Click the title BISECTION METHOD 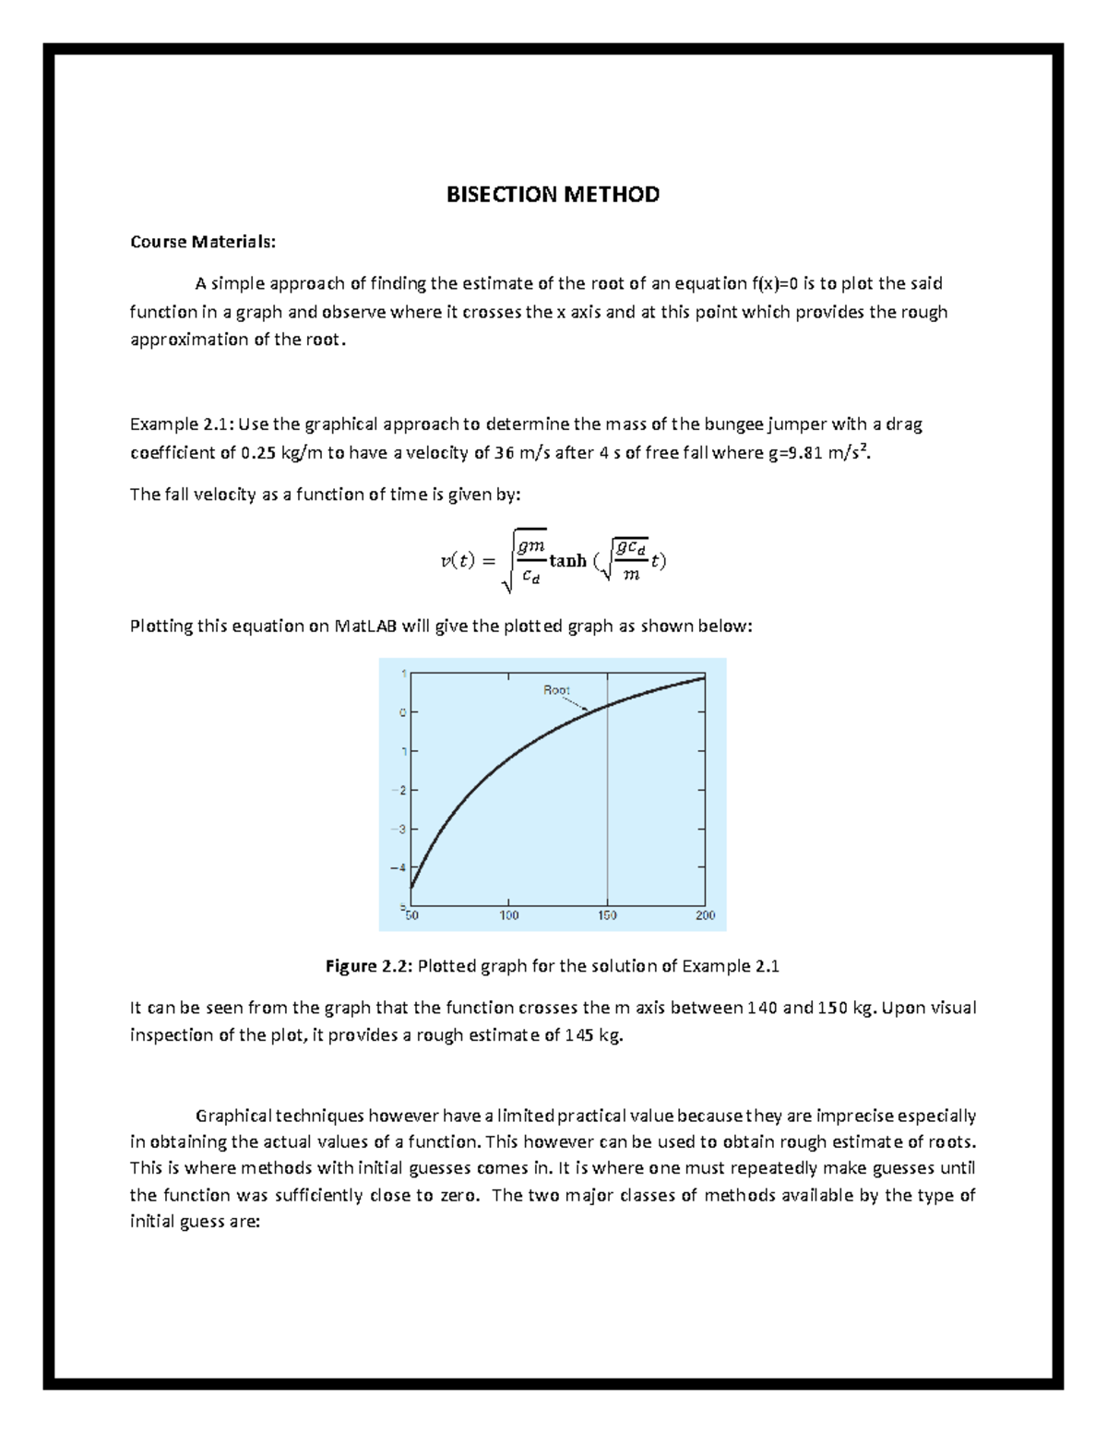(x=553, y=195)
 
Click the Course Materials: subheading (x=202, y=242)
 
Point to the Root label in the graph (x=556, y=690)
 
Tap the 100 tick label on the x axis (x=509, y=915)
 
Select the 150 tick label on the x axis (x=607, y=915)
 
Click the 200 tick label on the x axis (x=705, y=915)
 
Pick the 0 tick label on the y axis (x=403, y=712)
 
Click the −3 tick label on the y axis (x=399, y=829)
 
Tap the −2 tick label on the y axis (x=399, y=790)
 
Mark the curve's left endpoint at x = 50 (x=411, y=888)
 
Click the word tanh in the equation (x=567, y=561)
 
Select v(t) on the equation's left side (x=458, y=561)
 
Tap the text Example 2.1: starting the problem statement (x=182, y=424)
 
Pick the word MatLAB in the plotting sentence (x=365, y=627)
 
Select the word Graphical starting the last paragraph (x=233, y=1116)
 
